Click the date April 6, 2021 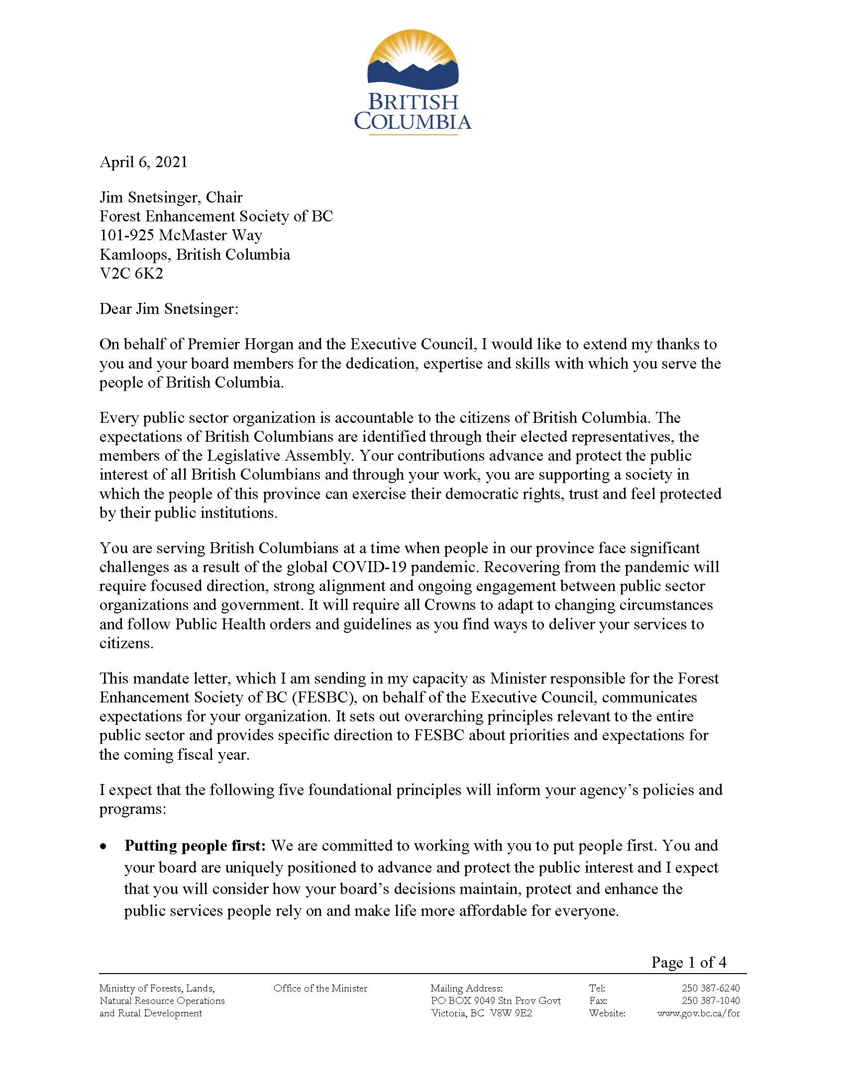click(x=144, y=162)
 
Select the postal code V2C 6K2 click(x=131, y=274)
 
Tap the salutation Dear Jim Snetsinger click(x=169, y=309)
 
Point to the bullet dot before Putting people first click(x=103, y=847)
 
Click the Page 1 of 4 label click(x=688, y=962)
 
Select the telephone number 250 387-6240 click(x=710, y=989)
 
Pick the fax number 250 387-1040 click(x=710, y=1001)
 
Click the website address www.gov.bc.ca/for click(x=698, y=1013)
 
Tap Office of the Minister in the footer click(x=320, y=989)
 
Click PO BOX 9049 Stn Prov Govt click(x=496, y=1001)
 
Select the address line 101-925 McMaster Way click(x=181, y=235)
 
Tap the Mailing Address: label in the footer click(x=466, y=989)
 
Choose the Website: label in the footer click(x=607, y=1013)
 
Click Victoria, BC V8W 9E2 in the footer click(x=481, y=1013)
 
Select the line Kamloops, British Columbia click(x=195, y=255)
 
